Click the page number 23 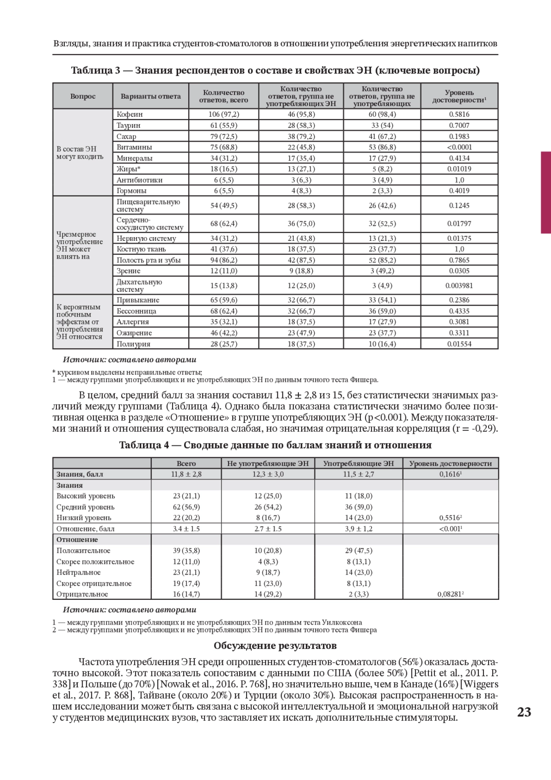524,712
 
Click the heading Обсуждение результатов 275,645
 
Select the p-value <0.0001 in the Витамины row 459,147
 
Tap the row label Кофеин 129,114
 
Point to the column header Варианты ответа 151,96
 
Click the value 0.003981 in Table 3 459,285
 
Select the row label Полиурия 133,344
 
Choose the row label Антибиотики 139,180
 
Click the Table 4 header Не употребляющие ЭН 268,463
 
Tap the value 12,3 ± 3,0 268,474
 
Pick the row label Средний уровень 85,507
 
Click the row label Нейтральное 79,572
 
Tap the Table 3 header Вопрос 83,96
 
